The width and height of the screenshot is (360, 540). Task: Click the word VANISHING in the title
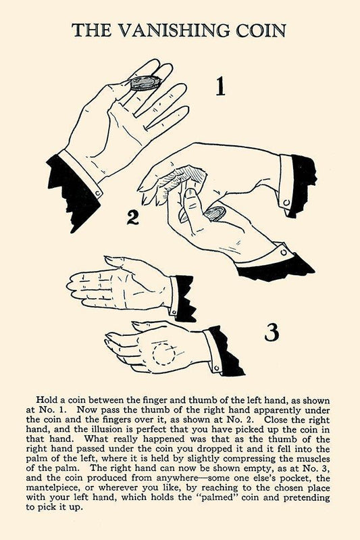(174, 30)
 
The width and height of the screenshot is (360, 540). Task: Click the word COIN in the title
(261, 30)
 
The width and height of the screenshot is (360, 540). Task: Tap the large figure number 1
(220, 86)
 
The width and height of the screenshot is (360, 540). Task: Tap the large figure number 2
(133, 218)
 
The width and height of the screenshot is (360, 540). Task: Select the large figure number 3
(272, 333)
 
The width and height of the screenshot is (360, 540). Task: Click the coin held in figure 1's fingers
(145, 83)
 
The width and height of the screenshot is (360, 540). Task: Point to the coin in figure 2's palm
(215, 214)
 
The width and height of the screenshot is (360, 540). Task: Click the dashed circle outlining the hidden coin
(164, 353)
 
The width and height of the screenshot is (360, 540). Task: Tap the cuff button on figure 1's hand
(98, 194)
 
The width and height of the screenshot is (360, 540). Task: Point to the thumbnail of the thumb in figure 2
(190, 193)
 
